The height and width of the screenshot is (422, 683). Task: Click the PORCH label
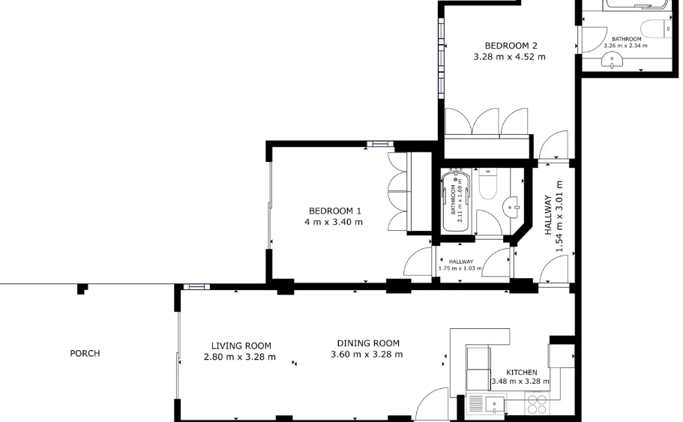tap(85, 353)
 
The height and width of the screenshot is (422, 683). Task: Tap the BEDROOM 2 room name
tap(511, 45)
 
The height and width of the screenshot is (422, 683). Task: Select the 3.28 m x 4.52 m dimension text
tap(509, 57)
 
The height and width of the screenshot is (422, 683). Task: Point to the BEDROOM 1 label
tap(335, 211)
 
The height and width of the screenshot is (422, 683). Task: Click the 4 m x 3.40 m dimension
tap(333, 222)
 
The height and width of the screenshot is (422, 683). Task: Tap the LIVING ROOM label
tap(241, 346)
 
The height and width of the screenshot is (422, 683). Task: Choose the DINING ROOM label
tap(368, 343)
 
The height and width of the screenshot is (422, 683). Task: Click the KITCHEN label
tap(521, 373)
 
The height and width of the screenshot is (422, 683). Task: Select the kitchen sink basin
tap(494, 406)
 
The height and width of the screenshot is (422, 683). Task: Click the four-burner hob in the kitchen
tap(537, 403)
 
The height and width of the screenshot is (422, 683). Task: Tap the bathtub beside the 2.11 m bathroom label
tap(456, 201)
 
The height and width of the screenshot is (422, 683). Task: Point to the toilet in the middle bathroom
tap(488, 184)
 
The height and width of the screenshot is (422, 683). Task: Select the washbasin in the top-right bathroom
tap(613, 60)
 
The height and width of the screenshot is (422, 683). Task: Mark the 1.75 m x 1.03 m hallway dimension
tap(460, 268)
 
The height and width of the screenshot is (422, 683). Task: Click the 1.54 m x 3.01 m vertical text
tap(559, 217)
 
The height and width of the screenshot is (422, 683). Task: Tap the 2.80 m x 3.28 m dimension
tap(240, 357)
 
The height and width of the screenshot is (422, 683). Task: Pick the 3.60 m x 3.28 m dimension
tap(367, 355)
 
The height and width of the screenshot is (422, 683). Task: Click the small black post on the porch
tap(82, 289)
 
